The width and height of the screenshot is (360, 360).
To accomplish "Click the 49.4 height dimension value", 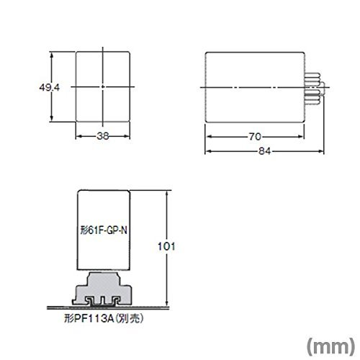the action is [x=49, y=88].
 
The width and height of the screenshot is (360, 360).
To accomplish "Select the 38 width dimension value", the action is [x=103, y=136].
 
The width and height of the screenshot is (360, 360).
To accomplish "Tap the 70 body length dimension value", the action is [x=255, y=137].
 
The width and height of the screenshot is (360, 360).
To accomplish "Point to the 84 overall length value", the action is [x=264, y=151].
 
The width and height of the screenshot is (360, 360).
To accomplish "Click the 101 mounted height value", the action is [x=166, y=246].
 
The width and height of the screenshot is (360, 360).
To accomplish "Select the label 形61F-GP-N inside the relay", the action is [x=104, y=230].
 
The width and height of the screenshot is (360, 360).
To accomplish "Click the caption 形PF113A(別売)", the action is [x=104, y=319].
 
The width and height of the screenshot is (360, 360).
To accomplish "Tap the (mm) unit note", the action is [x=330, y=346].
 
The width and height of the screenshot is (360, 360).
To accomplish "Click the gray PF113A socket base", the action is [x=102, y=289].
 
